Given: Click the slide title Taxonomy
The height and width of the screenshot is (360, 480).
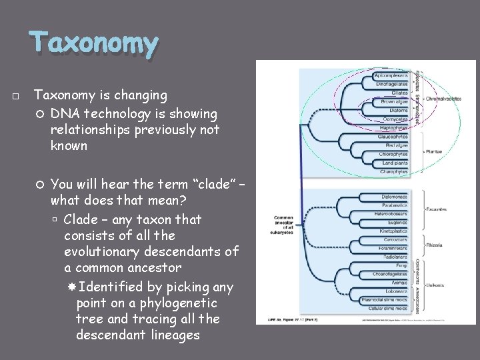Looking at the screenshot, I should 94,45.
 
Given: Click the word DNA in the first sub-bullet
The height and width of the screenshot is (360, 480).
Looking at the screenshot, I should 64,114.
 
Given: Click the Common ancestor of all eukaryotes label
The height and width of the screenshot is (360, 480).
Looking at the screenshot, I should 283,224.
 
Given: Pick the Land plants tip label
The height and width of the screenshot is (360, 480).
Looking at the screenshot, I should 393,163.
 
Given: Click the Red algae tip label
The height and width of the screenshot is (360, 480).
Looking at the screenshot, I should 393,145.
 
